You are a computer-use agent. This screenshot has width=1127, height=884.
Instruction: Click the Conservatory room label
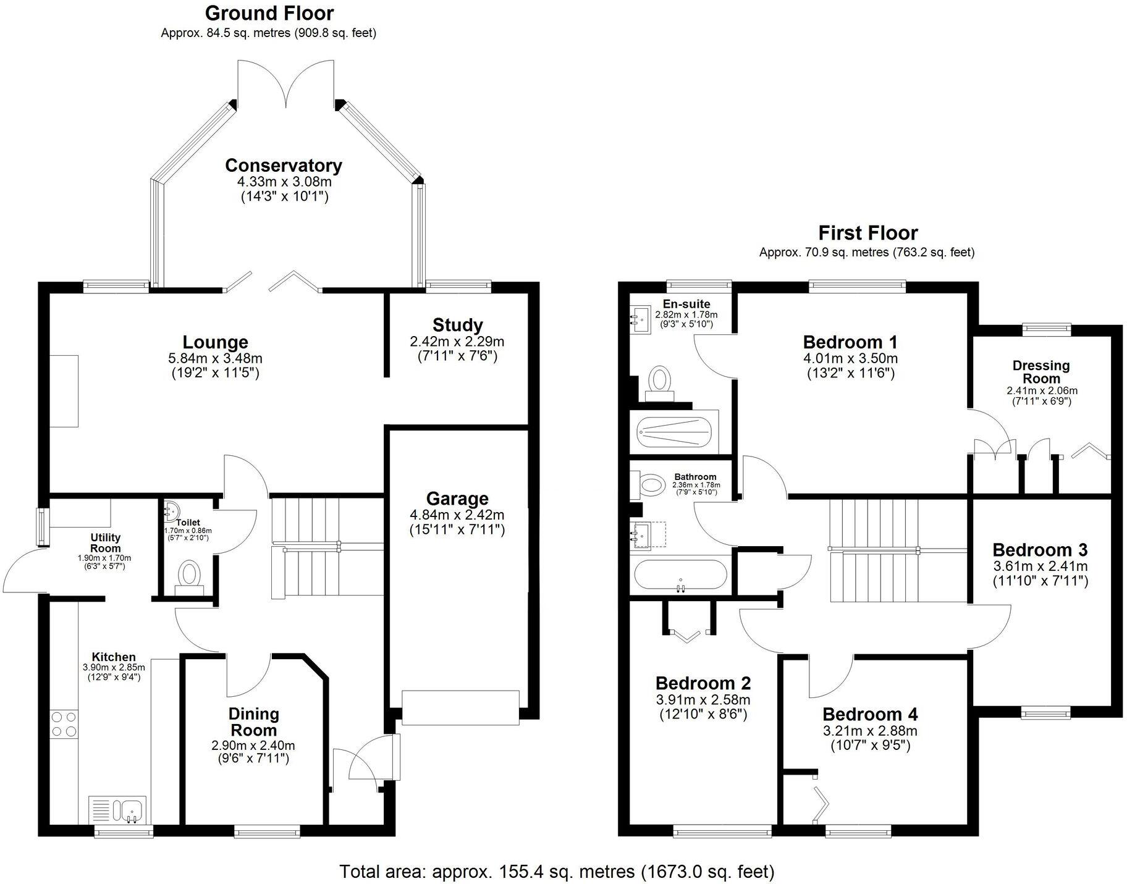283,166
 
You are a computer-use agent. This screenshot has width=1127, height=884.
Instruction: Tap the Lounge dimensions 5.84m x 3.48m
215,358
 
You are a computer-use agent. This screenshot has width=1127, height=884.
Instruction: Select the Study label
457,325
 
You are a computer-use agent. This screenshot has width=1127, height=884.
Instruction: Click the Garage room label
457,499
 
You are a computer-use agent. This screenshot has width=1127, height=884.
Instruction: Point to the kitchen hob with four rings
64,724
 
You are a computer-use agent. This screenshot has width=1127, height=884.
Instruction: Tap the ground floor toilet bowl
189,575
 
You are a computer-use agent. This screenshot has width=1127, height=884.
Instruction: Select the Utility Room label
105,543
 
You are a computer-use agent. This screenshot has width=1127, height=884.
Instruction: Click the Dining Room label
253,722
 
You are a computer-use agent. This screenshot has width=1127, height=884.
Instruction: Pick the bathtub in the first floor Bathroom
680,576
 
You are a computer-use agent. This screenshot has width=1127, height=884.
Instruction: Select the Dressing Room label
1041,372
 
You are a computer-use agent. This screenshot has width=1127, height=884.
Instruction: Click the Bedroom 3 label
1040,550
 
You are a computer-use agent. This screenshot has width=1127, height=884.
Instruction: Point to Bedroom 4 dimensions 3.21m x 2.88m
869,731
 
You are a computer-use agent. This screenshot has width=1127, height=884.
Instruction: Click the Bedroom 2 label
703,683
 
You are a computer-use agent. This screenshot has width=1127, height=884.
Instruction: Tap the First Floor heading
867,233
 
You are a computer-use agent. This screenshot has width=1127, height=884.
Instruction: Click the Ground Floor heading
269,13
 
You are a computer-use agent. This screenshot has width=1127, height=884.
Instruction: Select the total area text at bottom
556,871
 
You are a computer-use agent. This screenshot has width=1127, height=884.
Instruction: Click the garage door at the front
460,707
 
